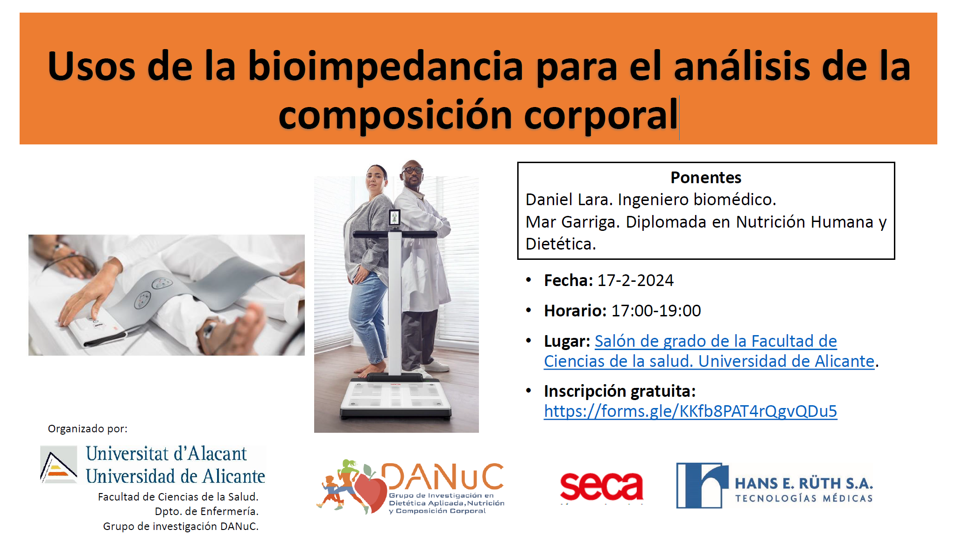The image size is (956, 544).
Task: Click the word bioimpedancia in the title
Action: click(386, 67)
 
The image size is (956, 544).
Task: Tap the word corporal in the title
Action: click(601, 115)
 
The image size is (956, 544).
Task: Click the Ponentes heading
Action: click(706, 178)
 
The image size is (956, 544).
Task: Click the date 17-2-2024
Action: click(635, 280)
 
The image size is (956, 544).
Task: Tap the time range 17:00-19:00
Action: click(656, 311)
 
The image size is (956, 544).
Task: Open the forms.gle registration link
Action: click(690, 411)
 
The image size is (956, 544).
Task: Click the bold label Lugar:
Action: click(567, 342)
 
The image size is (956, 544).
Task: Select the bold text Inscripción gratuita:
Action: click(620, 391)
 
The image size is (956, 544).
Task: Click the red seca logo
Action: click(602, 486)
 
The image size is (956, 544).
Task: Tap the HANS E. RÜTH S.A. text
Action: click(804, 483)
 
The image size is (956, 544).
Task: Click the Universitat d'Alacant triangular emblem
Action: click(59, 465)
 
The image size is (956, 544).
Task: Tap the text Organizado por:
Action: click(87, 429)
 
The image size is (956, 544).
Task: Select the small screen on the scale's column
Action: click(394, 218)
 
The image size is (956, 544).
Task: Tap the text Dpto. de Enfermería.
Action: click(206, 511)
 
